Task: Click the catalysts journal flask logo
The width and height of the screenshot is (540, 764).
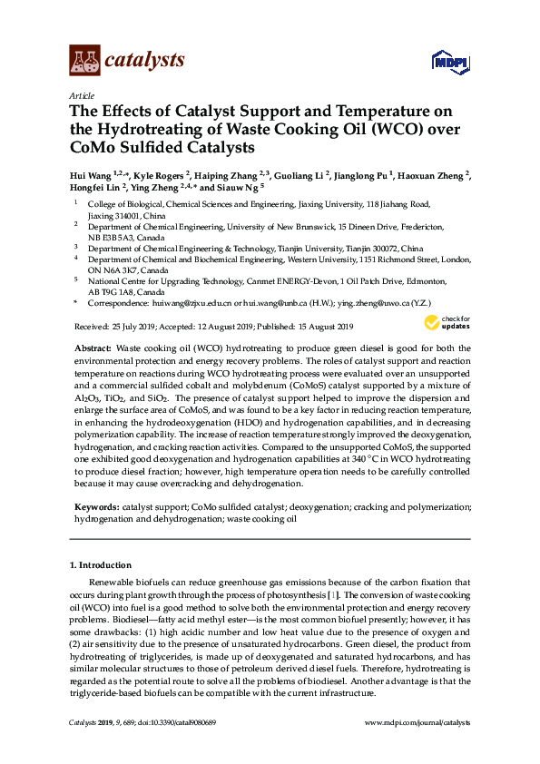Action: click(84, 61)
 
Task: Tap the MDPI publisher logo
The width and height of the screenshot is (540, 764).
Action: click(450, 62)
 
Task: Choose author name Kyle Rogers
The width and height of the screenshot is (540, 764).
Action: click(159, 175)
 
